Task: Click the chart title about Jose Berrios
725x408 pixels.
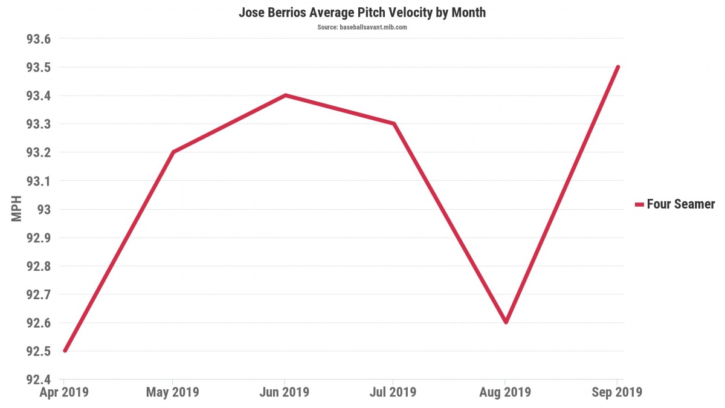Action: coord(362,12)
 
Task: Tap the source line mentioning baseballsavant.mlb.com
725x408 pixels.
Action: coord(362,27)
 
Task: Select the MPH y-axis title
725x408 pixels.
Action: coord(16,209)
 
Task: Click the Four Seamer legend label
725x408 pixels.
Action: coord(680,204)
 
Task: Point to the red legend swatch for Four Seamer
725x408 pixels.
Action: coord(639,205)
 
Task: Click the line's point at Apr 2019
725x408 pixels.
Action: coord(64,351)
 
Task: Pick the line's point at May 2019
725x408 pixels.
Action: coord(173,152)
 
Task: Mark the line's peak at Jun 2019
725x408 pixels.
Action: coord(285,95)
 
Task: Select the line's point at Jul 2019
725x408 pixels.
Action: coord(394,123)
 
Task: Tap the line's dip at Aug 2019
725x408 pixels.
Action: coord(506,322)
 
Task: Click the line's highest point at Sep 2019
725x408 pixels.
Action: coord(617,66)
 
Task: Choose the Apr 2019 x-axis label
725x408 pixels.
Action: coord(64,392)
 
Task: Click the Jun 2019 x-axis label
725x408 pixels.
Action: coord(285,392)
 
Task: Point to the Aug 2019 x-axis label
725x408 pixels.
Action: coord(506,392)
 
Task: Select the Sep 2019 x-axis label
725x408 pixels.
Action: coord(617,392)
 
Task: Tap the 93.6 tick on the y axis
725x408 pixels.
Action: coord(39,39)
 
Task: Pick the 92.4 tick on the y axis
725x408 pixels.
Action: coord(39,380)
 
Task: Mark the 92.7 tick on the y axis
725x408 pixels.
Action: coord(39,295)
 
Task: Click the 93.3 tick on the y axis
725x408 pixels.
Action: coord(39,125)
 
